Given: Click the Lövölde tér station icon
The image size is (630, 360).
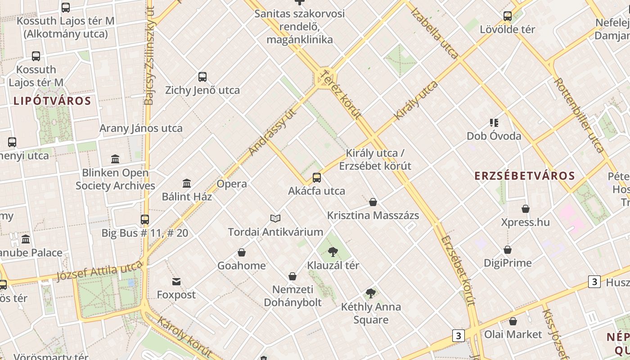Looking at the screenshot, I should [x=508, y=17].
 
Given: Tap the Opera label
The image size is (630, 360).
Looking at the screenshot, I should [x=232, y=184].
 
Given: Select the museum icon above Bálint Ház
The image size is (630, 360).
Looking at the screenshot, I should [x=187, y=183].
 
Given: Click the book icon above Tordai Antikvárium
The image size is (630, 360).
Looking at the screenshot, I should [x=275, y=219].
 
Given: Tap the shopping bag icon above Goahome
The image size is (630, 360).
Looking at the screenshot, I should [x=242, y=252].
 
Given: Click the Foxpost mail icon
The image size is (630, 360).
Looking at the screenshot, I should [x=176, y=282].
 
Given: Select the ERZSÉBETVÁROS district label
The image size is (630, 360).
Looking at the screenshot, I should [x=525, y=176].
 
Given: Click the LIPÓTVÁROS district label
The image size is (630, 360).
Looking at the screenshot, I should [x=52, y=101].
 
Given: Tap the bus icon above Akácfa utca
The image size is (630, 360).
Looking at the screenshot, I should [x=317, y=178].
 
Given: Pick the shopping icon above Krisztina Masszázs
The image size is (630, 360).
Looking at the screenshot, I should [x=373, y=202].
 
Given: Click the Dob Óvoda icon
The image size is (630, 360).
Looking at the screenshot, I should [x=494, y=123].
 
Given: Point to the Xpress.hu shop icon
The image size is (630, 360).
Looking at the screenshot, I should [x=526, y=209].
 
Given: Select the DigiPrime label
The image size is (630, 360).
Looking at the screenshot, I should [x=508, y=263].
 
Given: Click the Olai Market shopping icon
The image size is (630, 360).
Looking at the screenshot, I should [x=513, y=321].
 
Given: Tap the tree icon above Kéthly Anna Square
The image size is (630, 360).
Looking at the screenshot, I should [x=371, y=294].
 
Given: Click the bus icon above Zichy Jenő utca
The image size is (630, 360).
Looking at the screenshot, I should [x=202, y=77].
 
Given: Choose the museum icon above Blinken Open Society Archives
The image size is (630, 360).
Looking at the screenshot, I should [x=115, y=159].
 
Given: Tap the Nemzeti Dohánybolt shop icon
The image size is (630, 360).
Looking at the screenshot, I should [x=292, y=276].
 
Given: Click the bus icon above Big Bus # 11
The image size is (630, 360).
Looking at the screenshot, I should [x=145, y=220].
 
